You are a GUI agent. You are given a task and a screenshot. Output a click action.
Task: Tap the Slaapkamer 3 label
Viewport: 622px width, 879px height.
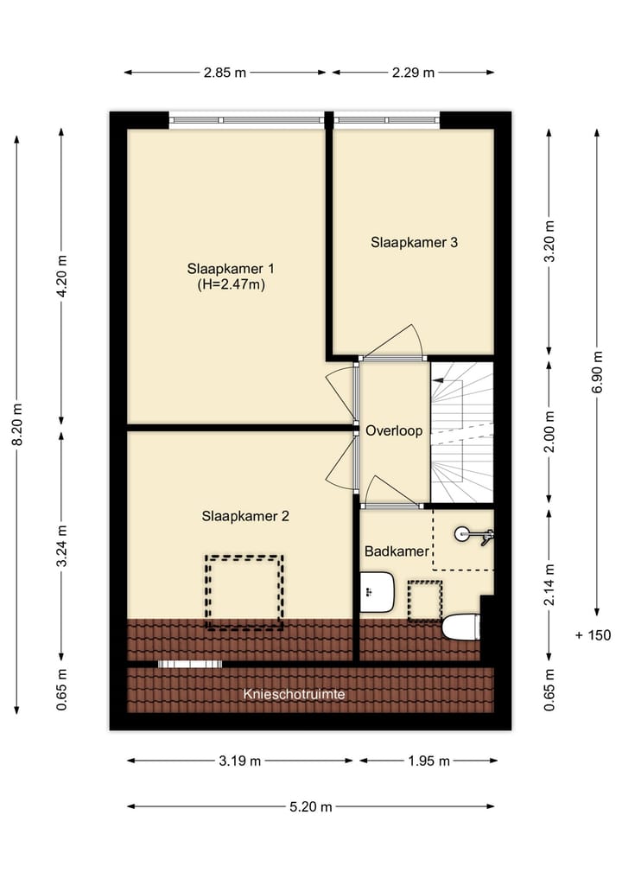click(414, 243)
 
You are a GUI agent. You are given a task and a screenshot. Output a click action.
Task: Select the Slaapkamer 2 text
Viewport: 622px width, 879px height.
click(245, 516)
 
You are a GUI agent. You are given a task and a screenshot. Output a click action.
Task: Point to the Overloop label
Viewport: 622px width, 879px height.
click(394, 430)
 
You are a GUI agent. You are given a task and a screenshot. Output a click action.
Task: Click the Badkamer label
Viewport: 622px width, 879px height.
click(397, 551)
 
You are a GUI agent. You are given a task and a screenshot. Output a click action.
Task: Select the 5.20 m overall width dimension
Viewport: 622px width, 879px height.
click(311, 806)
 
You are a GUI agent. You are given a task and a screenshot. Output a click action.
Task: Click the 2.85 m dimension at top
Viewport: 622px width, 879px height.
click(225, 73)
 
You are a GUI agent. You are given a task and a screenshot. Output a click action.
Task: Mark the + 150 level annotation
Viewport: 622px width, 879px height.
click(593, 635)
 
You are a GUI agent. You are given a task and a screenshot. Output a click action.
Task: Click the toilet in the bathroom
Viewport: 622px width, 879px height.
click(461, 627)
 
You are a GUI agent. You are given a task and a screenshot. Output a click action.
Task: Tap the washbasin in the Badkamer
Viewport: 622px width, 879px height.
click(377, 592)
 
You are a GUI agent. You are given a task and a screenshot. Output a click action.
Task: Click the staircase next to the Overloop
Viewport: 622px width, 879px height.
click(462, 432)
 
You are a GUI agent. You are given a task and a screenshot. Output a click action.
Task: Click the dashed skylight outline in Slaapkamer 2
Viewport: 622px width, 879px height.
click(244, 592)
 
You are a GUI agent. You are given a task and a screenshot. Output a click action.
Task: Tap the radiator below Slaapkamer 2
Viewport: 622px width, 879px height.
click(190, 664)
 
